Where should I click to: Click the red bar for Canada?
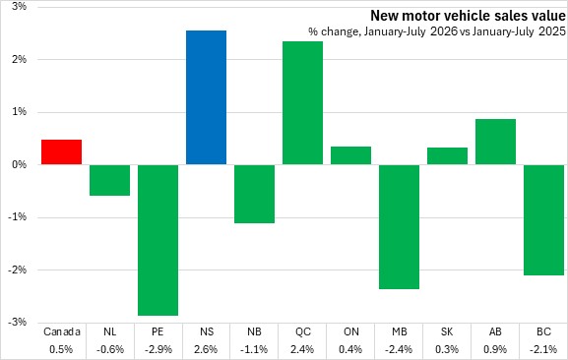tap(61, 151)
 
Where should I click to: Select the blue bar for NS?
tap(206, 97)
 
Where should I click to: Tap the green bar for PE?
tap(158, 240)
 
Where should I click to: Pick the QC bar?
tap(302, 103)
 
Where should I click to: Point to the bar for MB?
tap(400, 227)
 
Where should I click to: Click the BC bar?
tap(543, 220)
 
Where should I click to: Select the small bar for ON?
tap(350, 155)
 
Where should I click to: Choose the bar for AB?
tap(495, 142)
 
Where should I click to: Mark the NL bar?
tap(109, 180)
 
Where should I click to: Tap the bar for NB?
tap(254, 194)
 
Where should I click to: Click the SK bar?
tap(447, 156)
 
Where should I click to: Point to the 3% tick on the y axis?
tap(19, 6)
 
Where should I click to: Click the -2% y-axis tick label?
tap(18, 270)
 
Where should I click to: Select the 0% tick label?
tap(19, 164)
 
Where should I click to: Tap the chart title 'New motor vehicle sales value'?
tap(468, 16)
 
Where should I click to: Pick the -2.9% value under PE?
tap(158, 349)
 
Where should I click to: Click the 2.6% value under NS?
tap(206, 349)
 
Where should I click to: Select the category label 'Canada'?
tap(62, 331)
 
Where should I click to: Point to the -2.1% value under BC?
tap(543, 349)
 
